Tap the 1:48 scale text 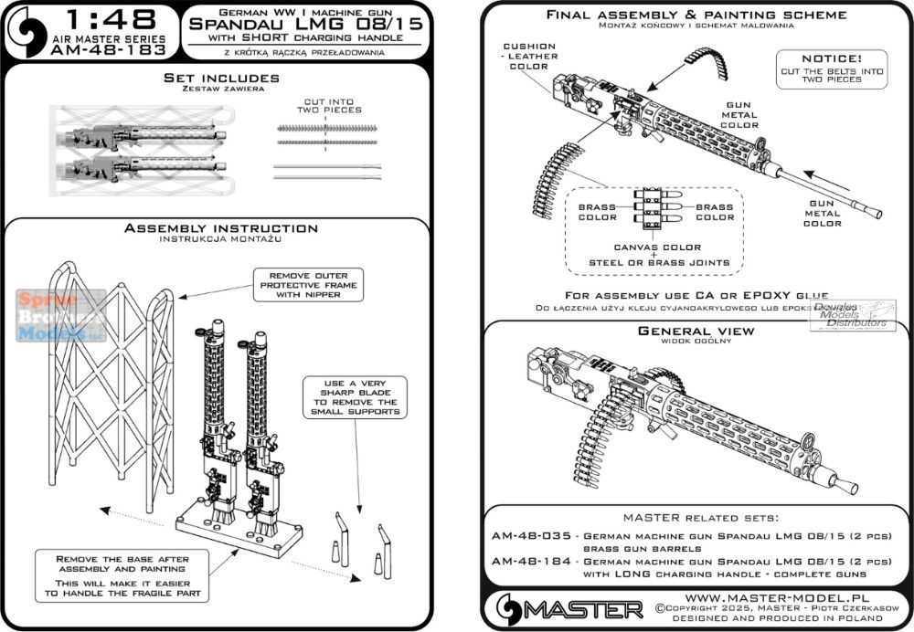[x=120, y=21]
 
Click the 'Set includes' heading [x=217, y=79]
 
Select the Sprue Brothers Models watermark [x=60, y=316]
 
